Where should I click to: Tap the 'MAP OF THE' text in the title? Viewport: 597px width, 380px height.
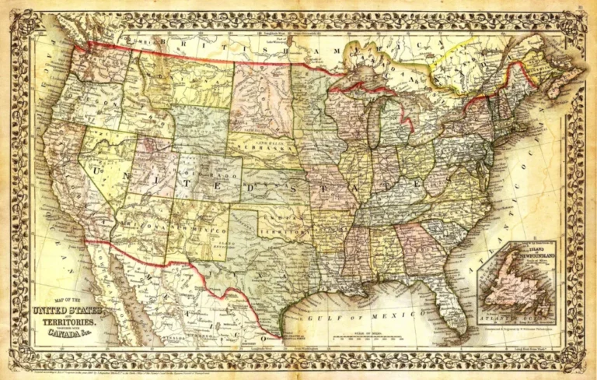coord(66,300)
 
